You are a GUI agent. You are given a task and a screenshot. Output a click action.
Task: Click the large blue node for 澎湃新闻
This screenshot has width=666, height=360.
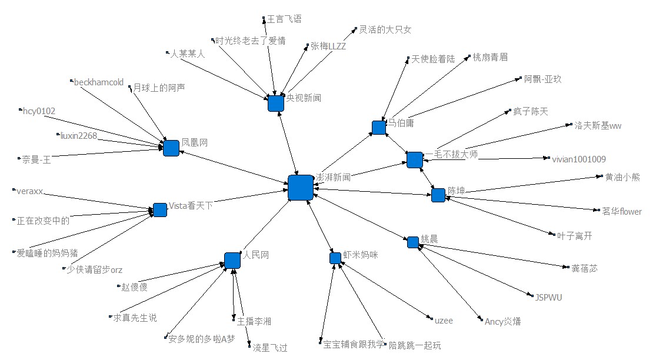pos(300,188)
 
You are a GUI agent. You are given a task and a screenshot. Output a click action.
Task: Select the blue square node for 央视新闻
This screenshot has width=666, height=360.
pos(276,103)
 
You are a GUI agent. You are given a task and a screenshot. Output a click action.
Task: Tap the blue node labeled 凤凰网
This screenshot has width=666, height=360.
pos(171,148)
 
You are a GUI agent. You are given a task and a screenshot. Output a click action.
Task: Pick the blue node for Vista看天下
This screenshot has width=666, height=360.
pos(160,210)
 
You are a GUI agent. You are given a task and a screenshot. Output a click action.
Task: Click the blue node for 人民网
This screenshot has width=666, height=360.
pos(232,260)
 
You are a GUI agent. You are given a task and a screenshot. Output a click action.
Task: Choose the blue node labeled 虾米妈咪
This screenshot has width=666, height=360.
pos(335,258)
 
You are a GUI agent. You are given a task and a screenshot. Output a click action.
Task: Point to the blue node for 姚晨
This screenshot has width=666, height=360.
pos(413,242)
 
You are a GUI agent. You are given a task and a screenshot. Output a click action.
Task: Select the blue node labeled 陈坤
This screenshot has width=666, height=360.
pos(438,195)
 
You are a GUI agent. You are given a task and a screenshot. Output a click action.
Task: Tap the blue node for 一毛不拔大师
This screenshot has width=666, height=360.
pos(415,159)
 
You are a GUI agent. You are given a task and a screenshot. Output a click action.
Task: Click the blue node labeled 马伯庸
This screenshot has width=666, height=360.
pos(379,127)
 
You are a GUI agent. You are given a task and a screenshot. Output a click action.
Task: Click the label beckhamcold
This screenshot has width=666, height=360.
pos(99,82)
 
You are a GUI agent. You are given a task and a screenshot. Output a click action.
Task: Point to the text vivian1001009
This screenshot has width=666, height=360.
pos(578,159)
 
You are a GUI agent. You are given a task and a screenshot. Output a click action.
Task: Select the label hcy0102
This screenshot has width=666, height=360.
pos(39,110)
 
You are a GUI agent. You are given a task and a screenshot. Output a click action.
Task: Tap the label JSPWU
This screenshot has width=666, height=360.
pos(548,298)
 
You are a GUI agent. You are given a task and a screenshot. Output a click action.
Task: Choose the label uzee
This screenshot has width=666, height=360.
pos(444,321)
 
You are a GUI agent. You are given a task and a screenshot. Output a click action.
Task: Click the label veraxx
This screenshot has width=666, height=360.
pos(31,191)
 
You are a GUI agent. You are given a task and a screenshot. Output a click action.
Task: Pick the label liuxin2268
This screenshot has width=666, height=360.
pos(78,136)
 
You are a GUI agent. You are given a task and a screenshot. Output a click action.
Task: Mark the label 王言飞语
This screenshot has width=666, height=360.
pos(284,19)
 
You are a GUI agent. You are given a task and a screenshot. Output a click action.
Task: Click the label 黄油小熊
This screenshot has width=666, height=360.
pos(622,176)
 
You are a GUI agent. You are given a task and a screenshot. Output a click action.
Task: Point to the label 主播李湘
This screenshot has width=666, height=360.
pos(254,321)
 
